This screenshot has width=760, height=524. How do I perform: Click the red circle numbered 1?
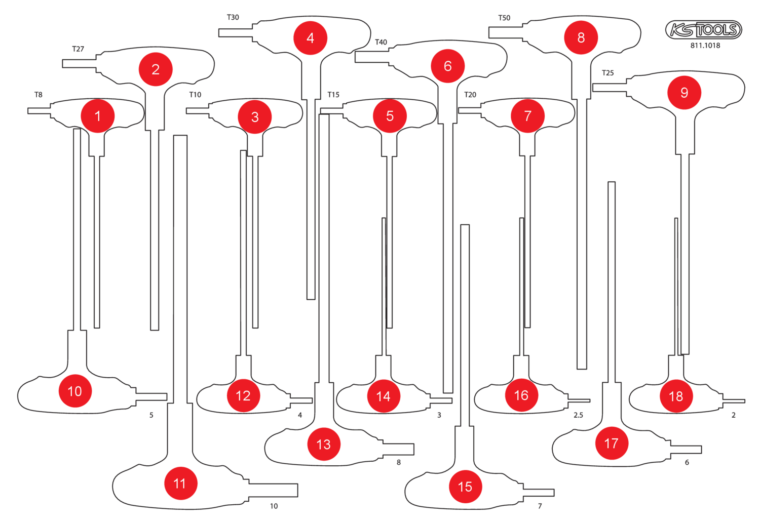(x=98, y=116)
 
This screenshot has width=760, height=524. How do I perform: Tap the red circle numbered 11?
(x=180, y=483)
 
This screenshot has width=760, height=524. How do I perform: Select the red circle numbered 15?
(x=465, y=487)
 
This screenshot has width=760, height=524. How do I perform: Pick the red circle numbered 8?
(x=581, y=37)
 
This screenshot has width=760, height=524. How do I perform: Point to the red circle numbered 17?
(x=612, y=444)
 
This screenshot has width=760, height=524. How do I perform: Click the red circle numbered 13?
(x=324, y=444)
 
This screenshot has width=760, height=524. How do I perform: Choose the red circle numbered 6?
(x=447, y=66)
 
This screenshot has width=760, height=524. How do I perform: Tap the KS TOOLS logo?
(x=704, y=30)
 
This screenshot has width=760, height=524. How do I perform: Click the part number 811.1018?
(x=705, y=46)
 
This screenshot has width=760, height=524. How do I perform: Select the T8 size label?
(x=39, y=95)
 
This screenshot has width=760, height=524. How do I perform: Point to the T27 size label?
(x=78, y=49)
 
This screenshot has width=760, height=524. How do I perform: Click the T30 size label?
(x=233, y=17)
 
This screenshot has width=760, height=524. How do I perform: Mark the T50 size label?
(x=504, y=18)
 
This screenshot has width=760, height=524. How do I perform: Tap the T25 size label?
(x=607, y=73)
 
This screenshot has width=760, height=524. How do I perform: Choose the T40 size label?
(x=381, y=42)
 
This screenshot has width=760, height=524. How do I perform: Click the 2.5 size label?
(x=578, y=415)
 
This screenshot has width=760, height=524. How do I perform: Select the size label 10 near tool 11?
(x=274, y=506)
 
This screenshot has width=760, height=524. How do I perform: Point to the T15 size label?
(x=333, y=95)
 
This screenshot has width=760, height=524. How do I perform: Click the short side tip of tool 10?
(x=152, y=396)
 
